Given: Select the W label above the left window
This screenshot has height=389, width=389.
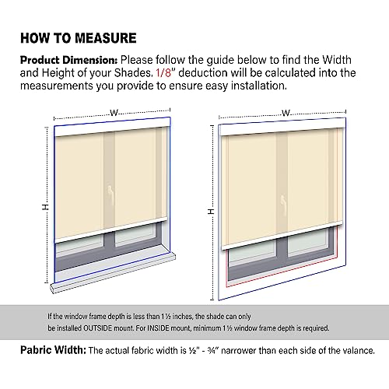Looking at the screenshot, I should (x=114, y=113).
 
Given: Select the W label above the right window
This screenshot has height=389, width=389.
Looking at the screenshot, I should (x=286, y=114).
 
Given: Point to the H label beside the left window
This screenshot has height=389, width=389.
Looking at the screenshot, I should (x=45, y=207).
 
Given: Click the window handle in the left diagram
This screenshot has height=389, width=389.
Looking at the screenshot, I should (x=110, y=191).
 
